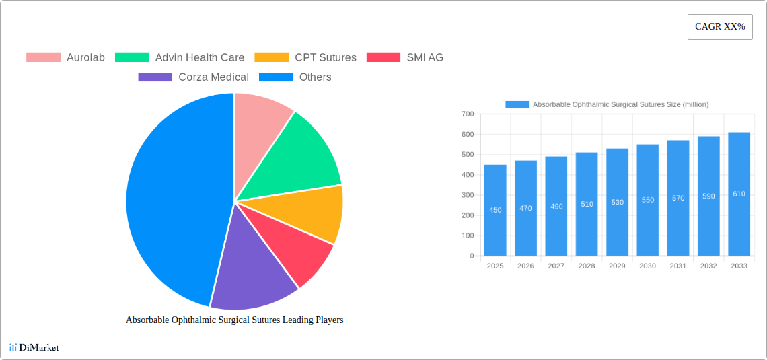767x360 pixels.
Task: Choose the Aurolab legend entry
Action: coord(66,57)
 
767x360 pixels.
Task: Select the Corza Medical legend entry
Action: coord(194,77)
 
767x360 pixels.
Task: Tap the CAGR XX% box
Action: coord(719,27)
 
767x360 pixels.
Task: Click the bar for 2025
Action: coord(495,210)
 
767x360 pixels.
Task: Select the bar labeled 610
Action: coord(739,194)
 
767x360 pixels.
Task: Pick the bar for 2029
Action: coord(617,202)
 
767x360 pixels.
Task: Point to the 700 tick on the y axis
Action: coord(467,114)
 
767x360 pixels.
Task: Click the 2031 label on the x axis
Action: coord(678,266)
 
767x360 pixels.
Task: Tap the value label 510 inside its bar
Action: coord(587,204)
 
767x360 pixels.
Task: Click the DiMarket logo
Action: coord(34,347)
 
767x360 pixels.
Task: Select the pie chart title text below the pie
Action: coord(234,320)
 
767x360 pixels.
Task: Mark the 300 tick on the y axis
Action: coord(467,195)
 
